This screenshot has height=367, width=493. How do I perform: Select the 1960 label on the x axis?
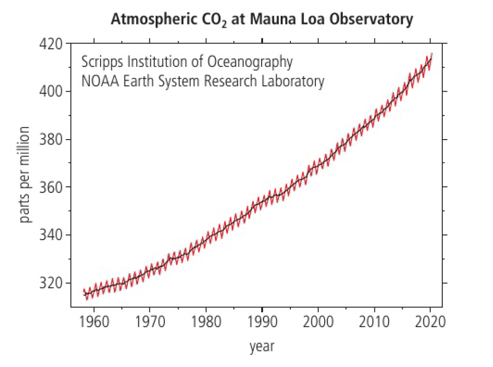tap(93, 323)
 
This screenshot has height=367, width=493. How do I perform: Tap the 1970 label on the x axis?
tap(149, 323)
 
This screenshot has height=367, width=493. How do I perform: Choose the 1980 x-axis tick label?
tap(205, 323)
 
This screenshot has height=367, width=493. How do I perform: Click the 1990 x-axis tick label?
tap(262, 323)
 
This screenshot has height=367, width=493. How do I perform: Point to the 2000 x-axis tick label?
tap(318, 323)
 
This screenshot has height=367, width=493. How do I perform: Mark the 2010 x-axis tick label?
tap(374, 323)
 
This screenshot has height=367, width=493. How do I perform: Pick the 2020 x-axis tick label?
tap(430, 323)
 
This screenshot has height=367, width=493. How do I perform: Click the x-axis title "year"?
tap(262, 347)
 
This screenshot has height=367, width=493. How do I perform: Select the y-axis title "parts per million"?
tap(25, 175)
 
